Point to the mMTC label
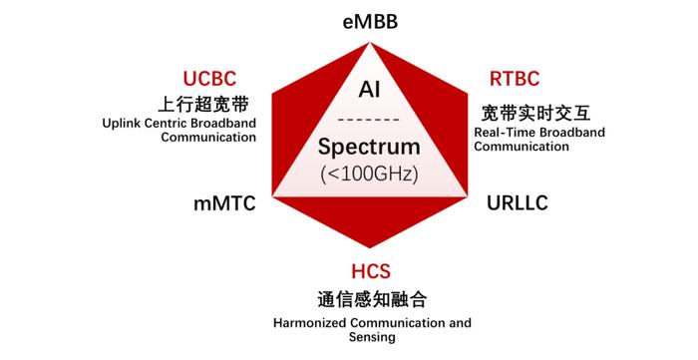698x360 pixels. [x=224, y=203]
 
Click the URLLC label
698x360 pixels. [x=517, y=203]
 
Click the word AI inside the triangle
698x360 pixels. [x=369, y=90]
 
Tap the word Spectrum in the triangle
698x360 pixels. [x=369, y=148]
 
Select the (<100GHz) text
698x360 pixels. [x=369, y=173]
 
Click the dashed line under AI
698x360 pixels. [x=369, y=120]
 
